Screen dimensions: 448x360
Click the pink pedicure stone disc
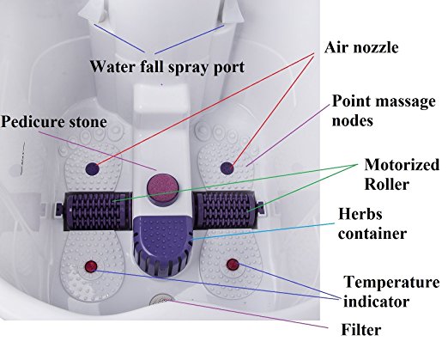163,188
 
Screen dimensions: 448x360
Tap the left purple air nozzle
93,168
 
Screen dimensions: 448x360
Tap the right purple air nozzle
227,168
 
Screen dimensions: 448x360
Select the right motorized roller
226,210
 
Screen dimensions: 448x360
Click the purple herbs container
162,245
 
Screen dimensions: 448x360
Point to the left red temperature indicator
91,266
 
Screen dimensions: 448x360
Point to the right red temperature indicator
233,265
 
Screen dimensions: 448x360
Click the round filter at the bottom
162,300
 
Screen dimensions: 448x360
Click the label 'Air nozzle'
361,47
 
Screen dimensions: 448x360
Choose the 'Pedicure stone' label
54,122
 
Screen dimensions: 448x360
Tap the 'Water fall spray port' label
167,67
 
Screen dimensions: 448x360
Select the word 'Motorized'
402,165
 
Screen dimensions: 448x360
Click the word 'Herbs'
360,214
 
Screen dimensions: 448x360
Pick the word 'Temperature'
391,282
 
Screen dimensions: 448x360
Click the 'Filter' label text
361,330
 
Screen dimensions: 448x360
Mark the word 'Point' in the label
351,101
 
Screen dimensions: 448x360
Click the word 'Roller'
387,184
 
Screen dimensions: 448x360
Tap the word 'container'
372,234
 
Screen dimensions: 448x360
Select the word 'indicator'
376,302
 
